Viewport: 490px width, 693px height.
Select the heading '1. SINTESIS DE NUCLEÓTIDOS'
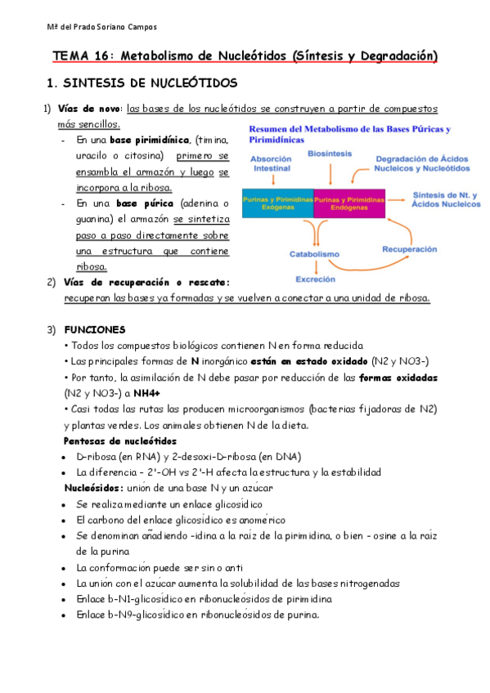[142, 84]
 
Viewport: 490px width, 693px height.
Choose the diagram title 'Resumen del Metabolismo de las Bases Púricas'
[349, 129]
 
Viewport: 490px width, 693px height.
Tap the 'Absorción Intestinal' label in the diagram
[271, 163]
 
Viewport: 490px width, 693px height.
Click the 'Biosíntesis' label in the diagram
[330, 153]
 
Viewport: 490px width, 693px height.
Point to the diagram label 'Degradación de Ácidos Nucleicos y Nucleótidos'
[422, 163]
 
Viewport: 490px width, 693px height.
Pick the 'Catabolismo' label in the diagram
[314, 254]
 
